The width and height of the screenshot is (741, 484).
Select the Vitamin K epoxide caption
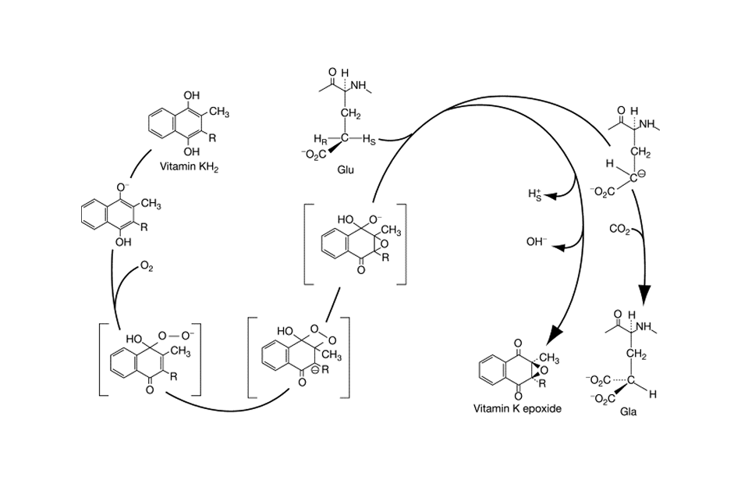click(521, 408)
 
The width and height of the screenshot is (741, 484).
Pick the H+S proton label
click(534, 195)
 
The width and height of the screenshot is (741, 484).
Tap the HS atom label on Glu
click(375, 139)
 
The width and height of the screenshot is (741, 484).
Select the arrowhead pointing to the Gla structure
click(645, 294)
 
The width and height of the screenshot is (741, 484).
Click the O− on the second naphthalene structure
click(122, 187)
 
